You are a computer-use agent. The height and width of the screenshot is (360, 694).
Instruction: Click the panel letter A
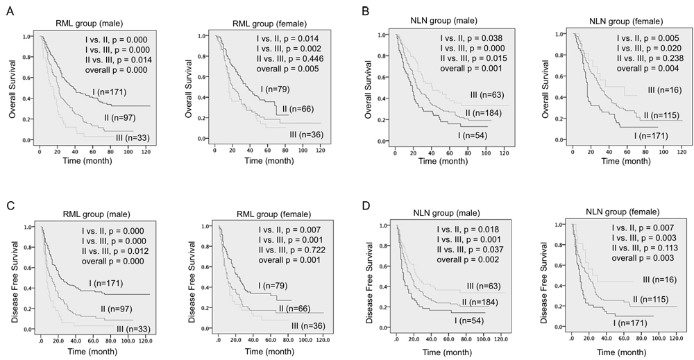[10, 12]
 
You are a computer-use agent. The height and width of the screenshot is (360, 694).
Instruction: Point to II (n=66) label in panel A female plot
[301, 109]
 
